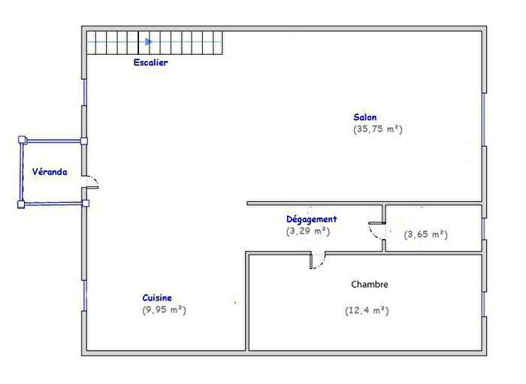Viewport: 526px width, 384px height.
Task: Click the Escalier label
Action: click(x=150, y=62)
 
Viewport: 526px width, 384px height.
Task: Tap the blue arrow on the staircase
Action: click(x=149, y=42)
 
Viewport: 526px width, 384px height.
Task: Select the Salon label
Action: click(x=365, y=117)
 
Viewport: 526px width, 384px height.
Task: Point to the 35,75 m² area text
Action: click(x=378, y=129)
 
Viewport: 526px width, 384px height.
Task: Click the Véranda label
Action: click(x=50, y=171)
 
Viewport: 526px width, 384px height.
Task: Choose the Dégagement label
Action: click(x=311, y=219)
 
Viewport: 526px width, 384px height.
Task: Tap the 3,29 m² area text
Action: click(x=308, y=231)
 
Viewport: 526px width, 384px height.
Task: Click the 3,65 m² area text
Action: click(x=426, y=234)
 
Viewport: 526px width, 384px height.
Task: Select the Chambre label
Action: click(x=370, y=284)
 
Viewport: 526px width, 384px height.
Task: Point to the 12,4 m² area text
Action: click(x=367, y=310)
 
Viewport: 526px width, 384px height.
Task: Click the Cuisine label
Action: click(x=157, y=298)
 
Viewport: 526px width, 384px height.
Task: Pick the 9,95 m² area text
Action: click(x=164, y=310)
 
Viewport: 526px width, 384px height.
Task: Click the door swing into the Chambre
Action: click(x=317, y=261)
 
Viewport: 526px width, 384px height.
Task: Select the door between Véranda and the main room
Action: click(x=90, y=182)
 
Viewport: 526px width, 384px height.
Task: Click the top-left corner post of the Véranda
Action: click(x=22, y=140)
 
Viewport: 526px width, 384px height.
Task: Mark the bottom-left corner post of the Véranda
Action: click(x=21, y=204)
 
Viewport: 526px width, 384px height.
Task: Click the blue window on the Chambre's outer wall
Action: click(x=484, y=304)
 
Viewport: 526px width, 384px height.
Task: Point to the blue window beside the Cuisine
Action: click(x=84, y=295)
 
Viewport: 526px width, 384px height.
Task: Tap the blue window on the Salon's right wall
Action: click(x=484, y=119)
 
